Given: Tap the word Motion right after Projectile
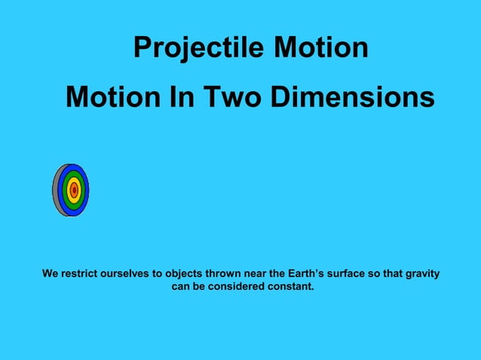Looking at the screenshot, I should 320,48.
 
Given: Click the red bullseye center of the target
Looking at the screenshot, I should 74,190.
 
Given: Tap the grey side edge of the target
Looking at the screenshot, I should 56,190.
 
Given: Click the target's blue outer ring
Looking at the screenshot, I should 84,190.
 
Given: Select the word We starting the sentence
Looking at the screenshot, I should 50,273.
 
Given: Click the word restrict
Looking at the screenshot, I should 81,273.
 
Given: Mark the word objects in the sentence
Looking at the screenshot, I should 185,273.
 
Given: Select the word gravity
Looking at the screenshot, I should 421,273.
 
